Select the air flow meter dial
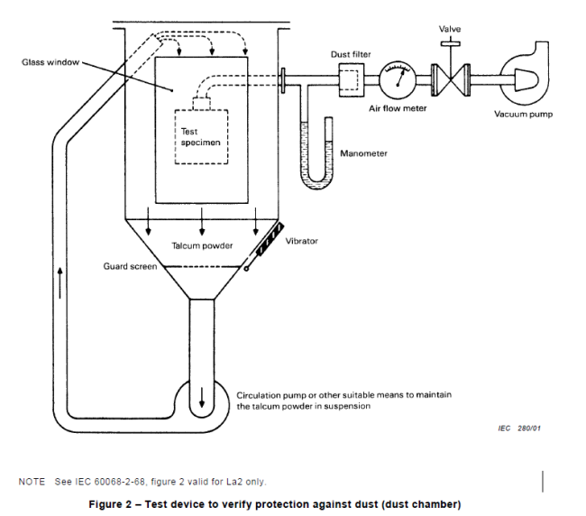[398, 79]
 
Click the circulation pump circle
[202, 399]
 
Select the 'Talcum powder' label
[203, 246]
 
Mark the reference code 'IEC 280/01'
[517, 428]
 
